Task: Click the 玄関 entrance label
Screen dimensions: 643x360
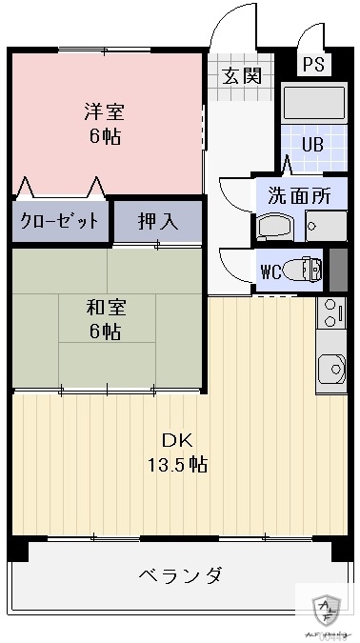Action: pyautogui.click(x=243, y=76)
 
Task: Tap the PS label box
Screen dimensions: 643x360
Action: pyautogui.click(x=311, y=65)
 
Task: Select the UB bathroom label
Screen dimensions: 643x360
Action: pyautogui.click(x=312, y=145)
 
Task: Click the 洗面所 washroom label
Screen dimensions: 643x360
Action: pyautogui.click(x=298, y=196)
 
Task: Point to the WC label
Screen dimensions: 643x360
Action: pyautogui.click(x=271, y=270)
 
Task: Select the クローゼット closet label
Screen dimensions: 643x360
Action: pyautogui.click(x=59, y=222)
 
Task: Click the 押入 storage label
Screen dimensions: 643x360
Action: pyautogui.click(x=157, y=222)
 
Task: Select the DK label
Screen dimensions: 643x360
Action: pyautogui.click(x=177, y=440)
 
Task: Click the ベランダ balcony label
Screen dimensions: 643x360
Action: pyautogui.click(x=181, y=575)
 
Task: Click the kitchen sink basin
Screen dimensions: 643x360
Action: pyautogui.click(x=331, y=366)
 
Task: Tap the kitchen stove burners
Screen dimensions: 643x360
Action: pyautogui.click(x=330, y=311)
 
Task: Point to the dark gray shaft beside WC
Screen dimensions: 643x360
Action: pyautogui.click(x=337, y=269)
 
